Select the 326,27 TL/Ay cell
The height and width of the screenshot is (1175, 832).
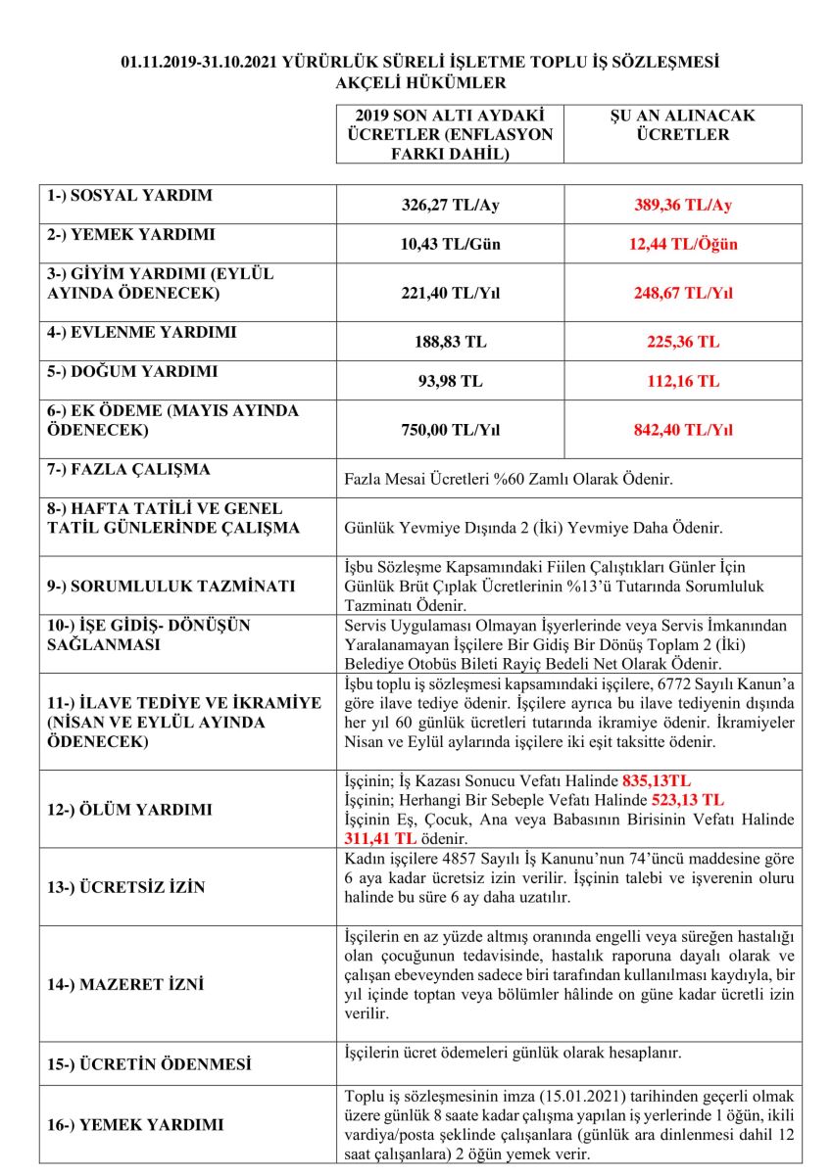click(451, 206)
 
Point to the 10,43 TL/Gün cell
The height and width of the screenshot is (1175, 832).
click(451, 244)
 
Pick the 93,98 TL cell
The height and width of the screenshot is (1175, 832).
click(451, 381)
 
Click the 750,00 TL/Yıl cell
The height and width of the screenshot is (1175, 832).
click(451, 429)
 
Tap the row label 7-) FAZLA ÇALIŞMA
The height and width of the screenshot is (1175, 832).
click(128, 470)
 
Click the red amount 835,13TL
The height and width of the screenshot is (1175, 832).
click(656, 781)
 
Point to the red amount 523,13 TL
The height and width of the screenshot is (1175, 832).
click(688, 799)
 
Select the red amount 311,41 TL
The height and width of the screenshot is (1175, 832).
click(380, 839)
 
